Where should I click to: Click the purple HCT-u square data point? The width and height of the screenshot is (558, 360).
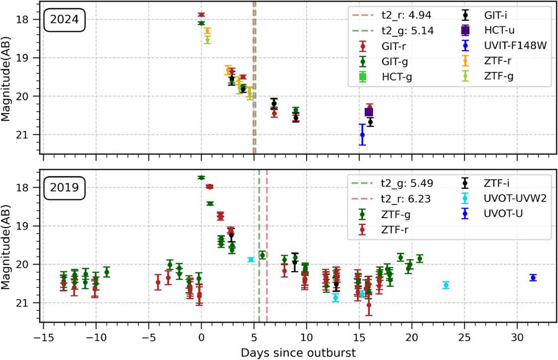(x=369, y=112)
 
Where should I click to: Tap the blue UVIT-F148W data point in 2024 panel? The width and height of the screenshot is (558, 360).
(x=362, y=134)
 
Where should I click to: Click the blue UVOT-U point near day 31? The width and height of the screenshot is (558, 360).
(x=533, y=278)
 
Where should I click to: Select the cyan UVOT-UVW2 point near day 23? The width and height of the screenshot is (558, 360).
(x=446, y=285)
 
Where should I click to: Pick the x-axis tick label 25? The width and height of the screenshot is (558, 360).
(x=464, y=339)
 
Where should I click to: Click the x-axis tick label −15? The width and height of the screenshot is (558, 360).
(x=43, y=339)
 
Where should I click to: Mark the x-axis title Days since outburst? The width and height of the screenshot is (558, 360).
(x=298, y=353)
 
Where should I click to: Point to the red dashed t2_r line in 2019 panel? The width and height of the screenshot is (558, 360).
(x=267, y=299)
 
